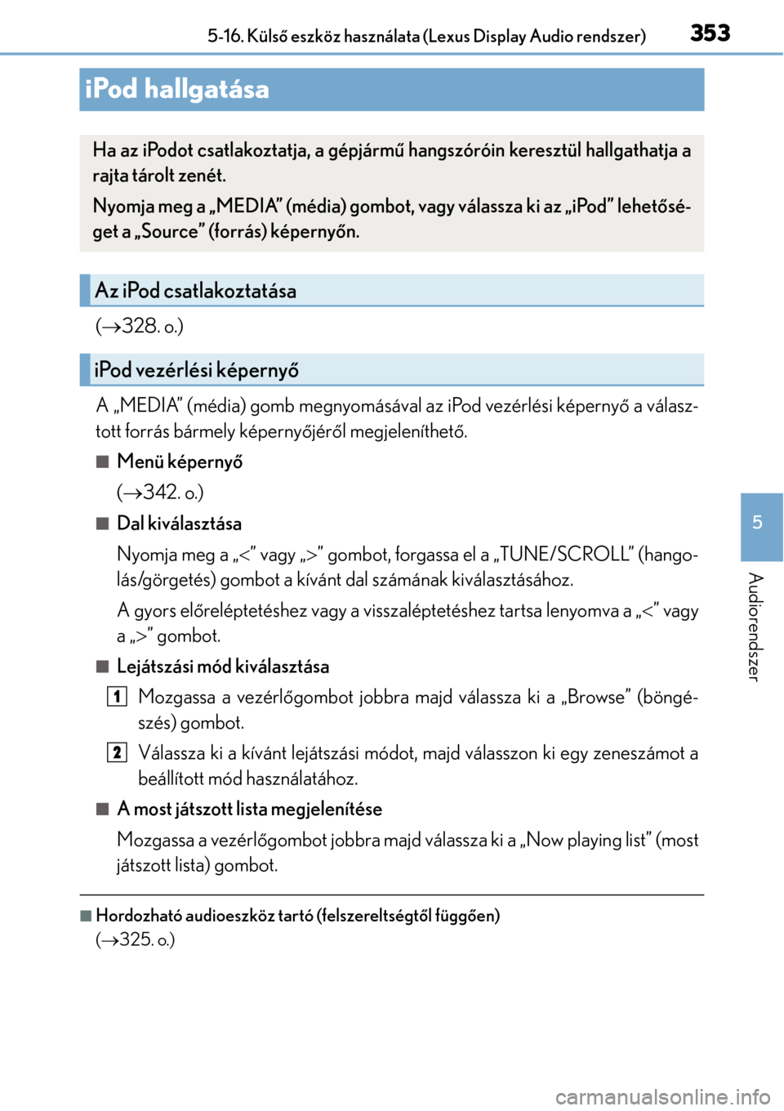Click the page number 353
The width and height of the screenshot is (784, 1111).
[710, 33]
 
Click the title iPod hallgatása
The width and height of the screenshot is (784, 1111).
[177, 89]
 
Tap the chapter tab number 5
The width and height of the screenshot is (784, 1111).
[758, 523]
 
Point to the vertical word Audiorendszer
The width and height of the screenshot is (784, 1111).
[755, 627]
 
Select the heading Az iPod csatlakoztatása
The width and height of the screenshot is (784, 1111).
[196, 291]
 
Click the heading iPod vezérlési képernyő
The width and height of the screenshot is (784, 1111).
[197, 370]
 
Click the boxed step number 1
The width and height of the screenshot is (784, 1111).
[118, 696]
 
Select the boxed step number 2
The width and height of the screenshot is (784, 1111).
[118, 752]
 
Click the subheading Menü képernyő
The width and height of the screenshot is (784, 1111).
[180, 462]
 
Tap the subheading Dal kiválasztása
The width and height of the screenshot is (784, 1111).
[179, 524]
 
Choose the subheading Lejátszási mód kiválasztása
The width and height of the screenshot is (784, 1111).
[223, 667]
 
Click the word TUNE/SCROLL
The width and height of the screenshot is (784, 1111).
[565, 555]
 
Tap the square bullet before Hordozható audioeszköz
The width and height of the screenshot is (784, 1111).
[86, 916]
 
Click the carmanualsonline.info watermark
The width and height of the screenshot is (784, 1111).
[662, 1096]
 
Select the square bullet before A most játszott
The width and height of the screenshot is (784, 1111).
[102, 809]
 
